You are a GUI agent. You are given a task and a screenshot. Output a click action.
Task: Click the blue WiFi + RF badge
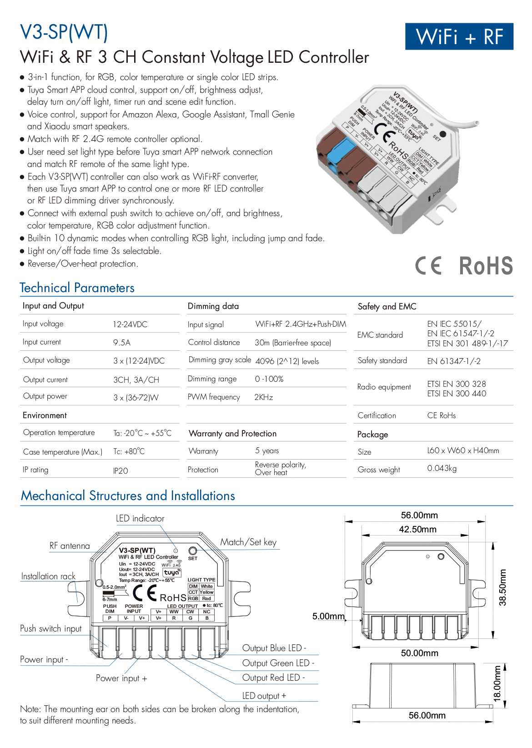pos(459,36)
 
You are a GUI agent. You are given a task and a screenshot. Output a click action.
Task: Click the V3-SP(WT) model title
pos(64,32)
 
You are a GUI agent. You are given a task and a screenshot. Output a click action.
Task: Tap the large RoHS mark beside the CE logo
pos(486,266)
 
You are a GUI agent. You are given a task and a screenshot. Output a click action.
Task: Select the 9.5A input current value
pos(122,343)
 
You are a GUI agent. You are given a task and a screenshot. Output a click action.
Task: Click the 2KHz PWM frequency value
pos(264,397)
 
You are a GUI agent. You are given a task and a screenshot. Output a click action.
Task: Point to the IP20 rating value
pos(120,470)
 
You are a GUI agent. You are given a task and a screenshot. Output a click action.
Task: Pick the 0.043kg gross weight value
pos(442,469)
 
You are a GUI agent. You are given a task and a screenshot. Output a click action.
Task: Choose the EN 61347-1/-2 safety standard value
pos(454,361)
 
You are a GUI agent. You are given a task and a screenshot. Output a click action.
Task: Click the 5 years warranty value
pos(267,451)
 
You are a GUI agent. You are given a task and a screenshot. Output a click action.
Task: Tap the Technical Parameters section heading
pos(77,288)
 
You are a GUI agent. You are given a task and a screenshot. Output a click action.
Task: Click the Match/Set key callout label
pos(248,542)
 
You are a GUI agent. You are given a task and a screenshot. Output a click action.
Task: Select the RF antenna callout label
pos(70,546)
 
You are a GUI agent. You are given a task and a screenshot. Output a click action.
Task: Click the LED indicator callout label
pos(140,518)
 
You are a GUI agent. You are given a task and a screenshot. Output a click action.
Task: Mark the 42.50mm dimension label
pos(417,529)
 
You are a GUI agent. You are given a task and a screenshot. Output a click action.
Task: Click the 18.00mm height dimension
pos(497,684)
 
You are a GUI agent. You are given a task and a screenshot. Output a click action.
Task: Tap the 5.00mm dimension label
pos(328,617)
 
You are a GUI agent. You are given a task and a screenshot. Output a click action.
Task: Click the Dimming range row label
pos(212,379)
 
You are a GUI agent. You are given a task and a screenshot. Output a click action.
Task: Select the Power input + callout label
pos(121,678)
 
